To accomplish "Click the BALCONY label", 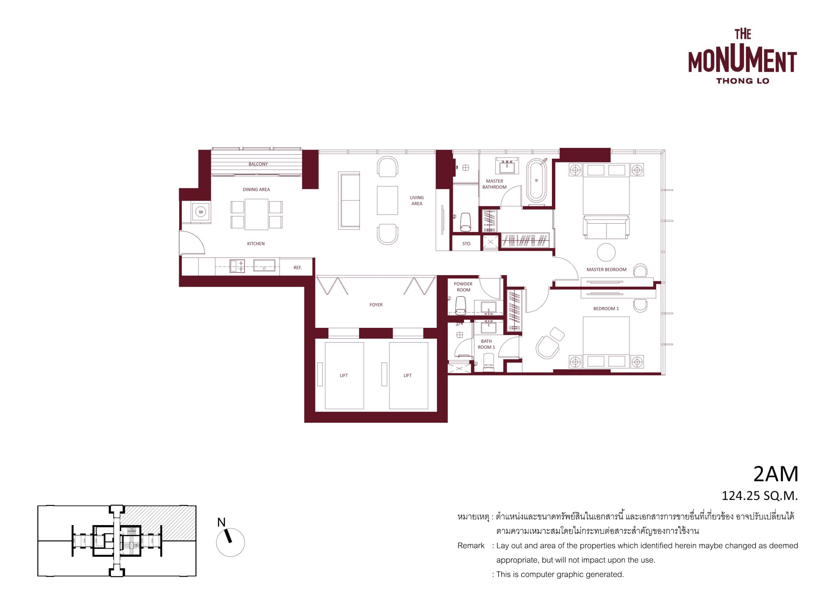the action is [x=258, y=164].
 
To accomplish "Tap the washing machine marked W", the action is [x=200, y=212].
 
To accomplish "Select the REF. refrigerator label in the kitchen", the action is [x=297, y=268].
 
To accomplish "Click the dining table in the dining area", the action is [x=256, y=214].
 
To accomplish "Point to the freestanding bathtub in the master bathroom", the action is [x=536, y=180].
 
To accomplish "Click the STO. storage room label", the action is [x=467, y=243].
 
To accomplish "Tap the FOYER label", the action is [x=376, y=304].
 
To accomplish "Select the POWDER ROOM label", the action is [x=463, y=287].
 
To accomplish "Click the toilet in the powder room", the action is [x=461, y=305].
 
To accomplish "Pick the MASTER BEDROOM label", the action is [x=607, y=269].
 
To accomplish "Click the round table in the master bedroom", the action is [x=606, y=252].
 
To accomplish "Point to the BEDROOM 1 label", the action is [x=606, y=308].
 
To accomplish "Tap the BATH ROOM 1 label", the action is [x=486, y=344].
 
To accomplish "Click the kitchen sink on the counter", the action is [x=264, y=265].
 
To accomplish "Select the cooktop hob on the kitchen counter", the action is [x=237, y=266].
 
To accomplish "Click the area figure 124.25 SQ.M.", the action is [x=760, y=496].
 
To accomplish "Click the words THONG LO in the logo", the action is [x=743, y=81].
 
